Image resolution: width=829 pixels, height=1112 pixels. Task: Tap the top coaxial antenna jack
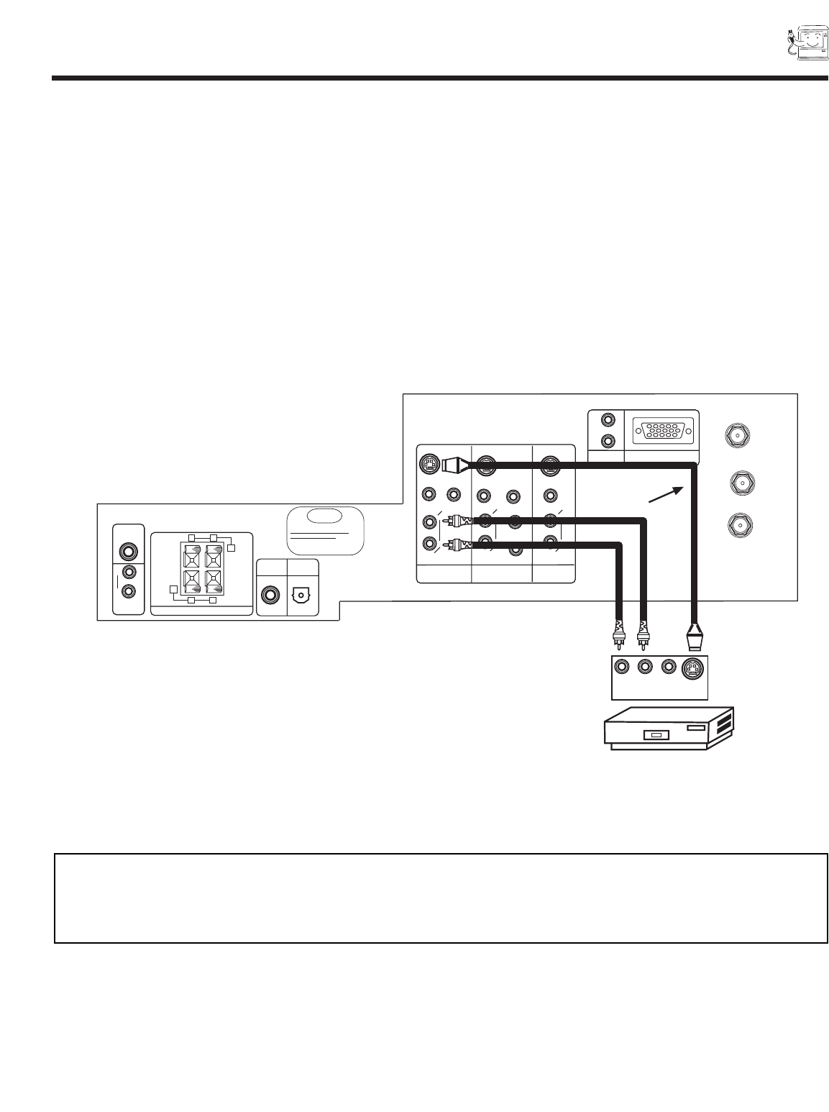[738, 435]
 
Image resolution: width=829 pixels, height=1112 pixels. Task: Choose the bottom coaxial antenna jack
[739, 524]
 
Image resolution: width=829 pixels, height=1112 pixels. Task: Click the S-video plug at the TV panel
[454, 465]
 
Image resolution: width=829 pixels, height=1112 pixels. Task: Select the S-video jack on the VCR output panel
[692, 668]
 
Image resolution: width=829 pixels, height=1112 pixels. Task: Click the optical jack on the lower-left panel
[301, 596]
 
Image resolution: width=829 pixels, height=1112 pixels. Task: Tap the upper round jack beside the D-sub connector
[608, 420]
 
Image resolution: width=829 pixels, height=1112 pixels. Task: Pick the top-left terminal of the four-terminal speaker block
[192, 556]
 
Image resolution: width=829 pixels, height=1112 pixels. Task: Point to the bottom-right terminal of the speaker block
[214, 580]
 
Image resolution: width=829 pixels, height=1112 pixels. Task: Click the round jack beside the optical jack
[271, 596]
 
